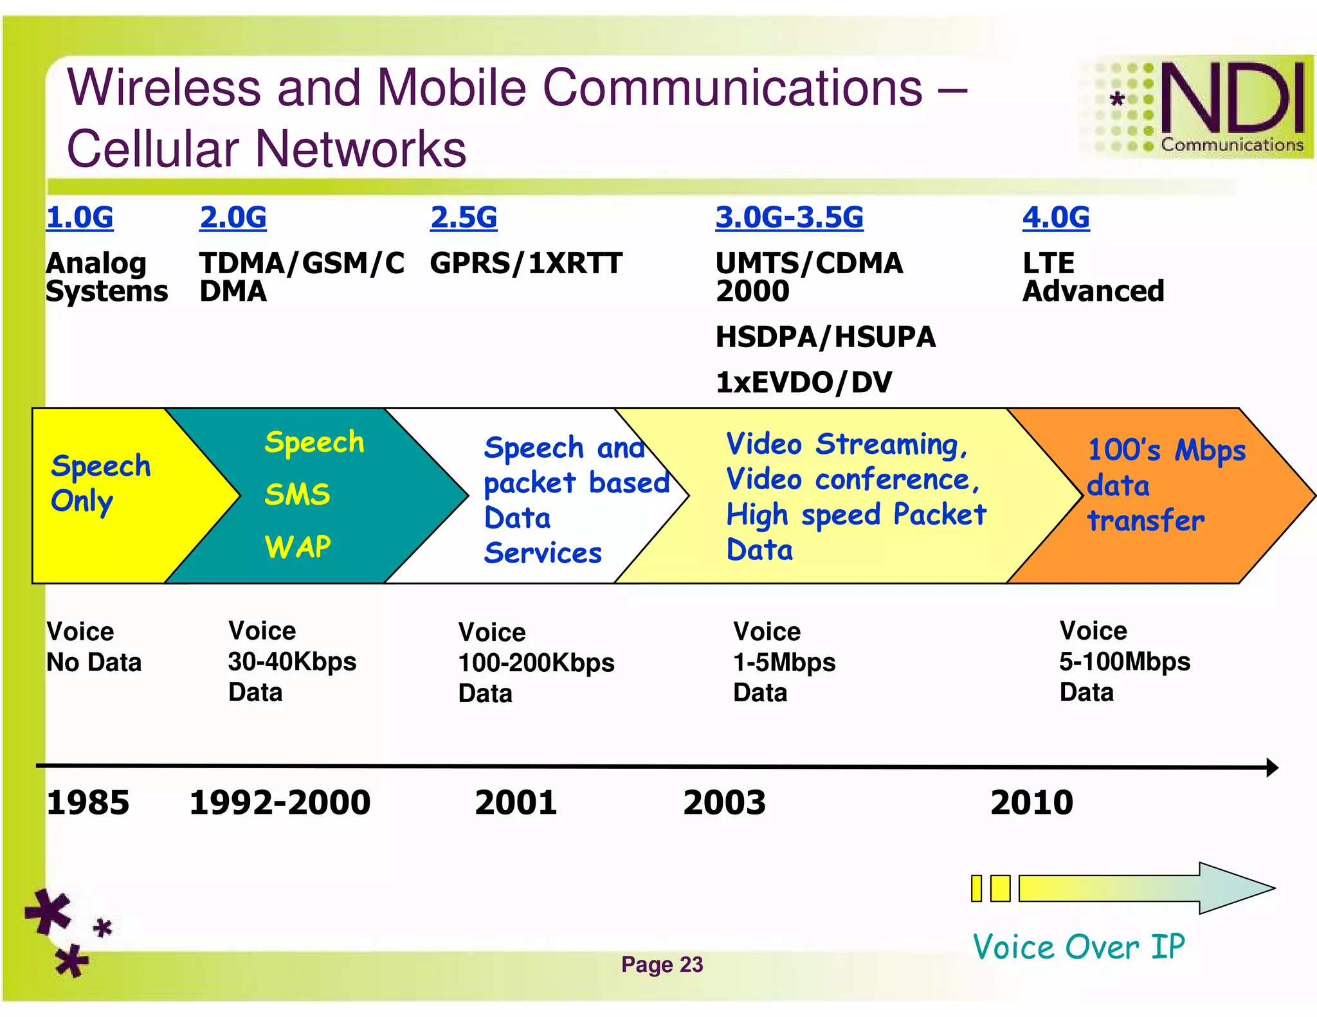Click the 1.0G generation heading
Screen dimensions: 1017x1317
(x=80, y=217)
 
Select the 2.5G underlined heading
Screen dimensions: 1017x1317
(x=464, y=217)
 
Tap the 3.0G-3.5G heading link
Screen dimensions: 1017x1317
(x=789, y=217)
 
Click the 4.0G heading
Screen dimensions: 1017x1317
(x=1056, y=217)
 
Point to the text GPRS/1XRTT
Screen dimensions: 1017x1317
(x=526, y=264)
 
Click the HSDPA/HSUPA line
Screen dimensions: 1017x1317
(x=825, y=337)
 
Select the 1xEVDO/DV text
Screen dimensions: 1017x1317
(x=804, y=382)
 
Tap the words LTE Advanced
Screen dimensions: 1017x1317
(x=1093, y=277)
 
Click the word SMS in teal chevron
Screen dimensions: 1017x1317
(x=297, y=494)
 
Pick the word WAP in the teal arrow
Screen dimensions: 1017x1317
(x=298, y=547)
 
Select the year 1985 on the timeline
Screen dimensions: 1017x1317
(x=88, y=803)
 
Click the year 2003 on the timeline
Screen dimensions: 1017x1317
(x=724, y=803)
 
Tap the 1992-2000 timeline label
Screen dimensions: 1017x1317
(x=280, y=803)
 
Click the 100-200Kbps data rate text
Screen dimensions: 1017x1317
(x=536, y=663)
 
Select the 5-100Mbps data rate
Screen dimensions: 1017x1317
(x=1124, y=661)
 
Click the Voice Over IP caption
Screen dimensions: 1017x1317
(x=1078, y=946)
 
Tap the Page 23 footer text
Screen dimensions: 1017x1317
(x=662, y=964)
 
